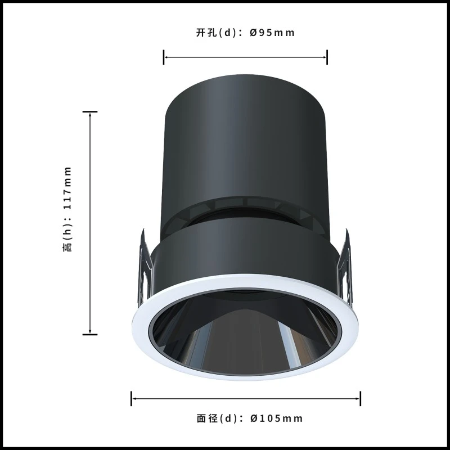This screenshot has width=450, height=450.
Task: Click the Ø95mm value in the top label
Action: pyautogui.click(x=272, y=33)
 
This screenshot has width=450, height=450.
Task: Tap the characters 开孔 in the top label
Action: pyautogui.click(x=206, y=33)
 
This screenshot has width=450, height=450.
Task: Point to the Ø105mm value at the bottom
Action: pyautogui.click(x=276, y=418)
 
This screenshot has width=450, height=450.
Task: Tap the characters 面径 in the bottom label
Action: pyautogui.click(x=207, y=418)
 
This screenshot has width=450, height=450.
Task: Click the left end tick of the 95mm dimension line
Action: pyautogui.click(x=164, y=57)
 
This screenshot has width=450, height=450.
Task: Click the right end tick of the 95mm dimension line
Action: pyautogui.click(x=327, y=57)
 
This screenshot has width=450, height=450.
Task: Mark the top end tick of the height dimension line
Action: pyautogui.click(x=90, y=111)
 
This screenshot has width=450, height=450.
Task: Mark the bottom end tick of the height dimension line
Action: pyautogui.click(x=90, y=335)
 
